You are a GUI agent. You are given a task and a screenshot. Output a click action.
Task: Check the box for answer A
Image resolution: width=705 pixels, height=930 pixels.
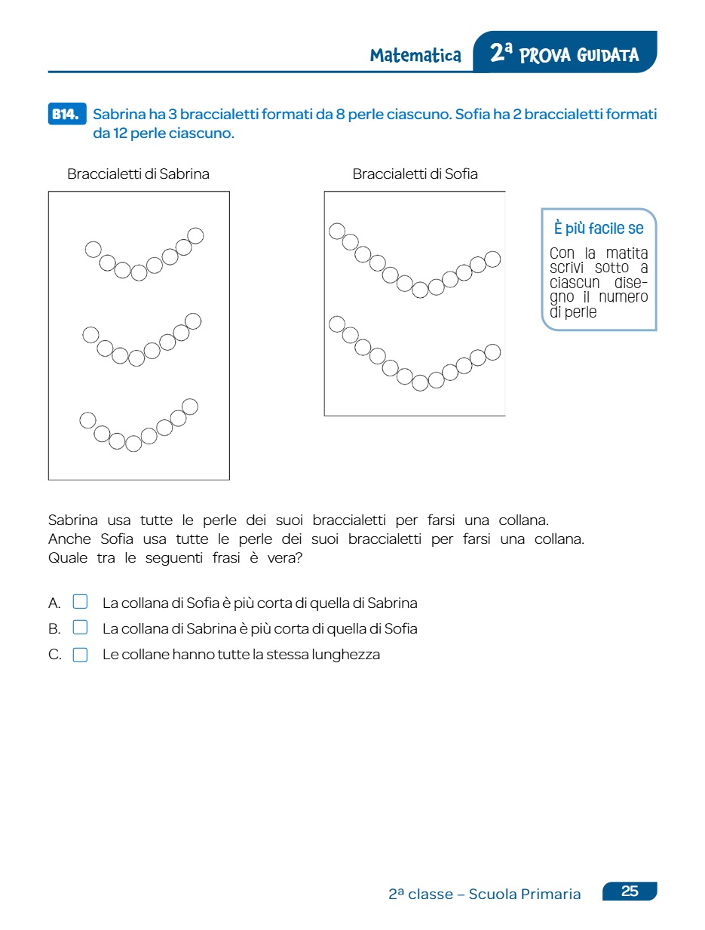(80, 602)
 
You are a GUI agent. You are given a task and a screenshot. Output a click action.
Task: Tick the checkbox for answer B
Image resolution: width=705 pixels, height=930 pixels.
(80, 628)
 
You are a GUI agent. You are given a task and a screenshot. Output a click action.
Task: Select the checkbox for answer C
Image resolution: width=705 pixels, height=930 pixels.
(80, 654)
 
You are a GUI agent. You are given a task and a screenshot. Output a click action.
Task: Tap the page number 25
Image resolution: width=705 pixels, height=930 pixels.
(630, 892)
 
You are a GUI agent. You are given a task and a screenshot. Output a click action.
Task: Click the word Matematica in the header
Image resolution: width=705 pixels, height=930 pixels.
(415, 55)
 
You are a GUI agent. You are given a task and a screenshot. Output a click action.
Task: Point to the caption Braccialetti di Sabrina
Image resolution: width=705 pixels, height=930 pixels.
(138, 174)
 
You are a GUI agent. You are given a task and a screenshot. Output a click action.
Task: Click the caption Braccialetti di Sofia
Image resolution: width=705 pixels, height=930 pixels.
(415, 174)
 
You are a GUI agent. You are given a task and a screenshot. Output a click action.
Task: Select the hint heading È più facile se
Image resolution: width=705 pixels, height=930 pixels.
(599, 228)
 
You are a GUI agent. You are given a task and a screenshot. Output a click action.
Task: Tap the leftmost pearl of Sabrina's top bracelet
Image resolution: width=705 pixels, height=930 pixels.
(93, 249)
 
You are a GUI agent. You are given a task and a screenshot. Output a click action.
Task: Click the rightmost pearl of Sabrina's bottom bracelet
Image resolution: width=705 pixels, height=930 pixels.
(190, 407)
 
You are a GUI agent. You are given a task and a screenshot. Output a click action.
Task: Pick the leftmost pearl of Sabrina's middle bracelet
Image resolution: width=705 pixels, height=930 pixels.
(90, 334)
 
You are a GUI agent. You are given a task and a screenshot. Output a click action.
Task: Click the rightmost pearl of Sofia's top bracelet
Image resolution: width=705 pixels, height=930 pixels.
(492, 259)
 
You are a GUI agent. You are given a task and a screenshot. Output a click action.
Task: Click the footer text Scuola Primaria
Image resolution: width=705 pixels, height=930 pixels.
(525, 895)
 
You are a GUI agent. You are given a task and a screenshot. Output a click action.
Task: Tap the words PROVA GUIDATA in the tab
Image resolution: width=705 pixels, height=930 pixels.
(579, 55)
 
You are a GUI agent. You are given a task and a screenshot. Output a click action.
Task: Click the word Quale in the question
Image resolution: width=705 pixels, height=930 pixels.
(68, 558)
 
